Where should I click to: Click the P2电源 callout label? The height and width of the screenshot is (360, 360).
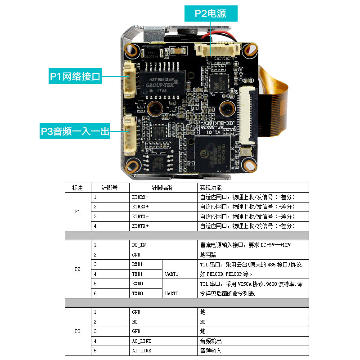(x=211, y=13)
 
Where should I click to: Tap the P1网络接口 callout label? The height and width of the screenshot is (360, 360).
(x=75, y=76)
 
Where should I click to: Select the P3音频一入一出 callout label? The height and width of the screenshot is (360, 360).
(x=75, y=131)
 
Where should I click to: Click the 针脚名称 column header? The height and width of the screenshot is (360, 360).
(x=163, y=188)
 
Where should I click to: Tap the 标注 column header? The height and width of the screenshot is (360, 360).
(x=77, y=188)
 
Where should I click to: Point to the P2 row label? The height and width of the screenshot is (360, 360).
(x=77, y=269)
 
